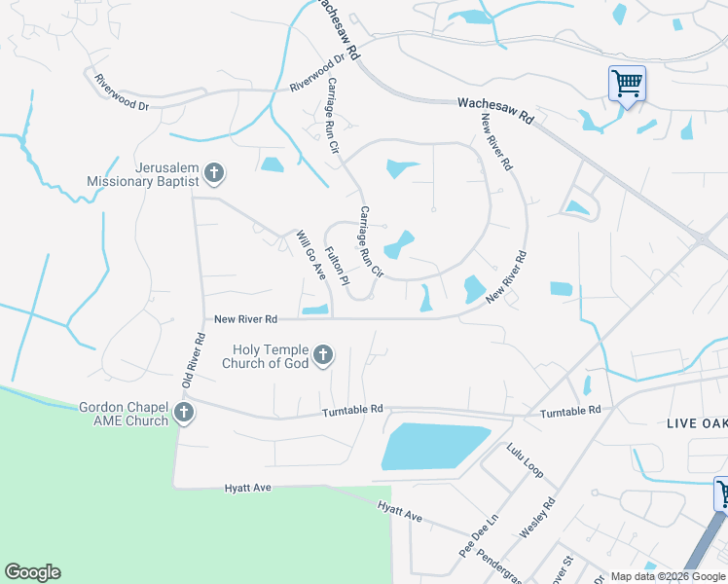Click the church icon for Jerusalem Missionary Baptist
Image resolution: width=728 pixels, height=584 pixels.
click(214, 174)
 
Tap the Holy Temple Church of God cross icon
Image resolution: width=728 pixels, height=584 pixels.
click(323, 355)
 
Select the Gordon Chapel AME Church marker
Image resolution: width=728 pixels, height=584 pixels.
click(183, 414)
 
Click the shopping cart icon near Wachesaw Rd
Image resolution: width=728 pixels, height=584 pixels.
click(627, 83)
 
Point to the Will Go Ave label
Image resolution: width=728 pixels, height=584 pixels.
click(310, 254)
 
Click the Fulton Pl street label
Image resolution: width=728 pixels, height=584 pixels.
click(337, 266)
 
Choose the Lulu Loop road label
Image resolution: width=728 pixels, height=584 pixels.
click(525, 460)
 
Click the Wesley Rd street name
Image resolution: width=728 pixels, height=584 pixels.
click(536, 518)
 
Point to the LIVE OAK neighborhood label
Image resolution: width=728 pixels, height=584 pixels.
click(696, 423)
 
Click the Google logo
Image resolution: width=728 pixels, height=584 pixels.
click(32, 572)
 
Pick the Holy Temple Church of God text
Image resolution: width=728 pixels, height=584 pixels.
click(271, 356)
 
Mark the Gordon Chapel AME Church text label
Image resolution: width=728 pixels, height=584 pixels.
click(123, 414)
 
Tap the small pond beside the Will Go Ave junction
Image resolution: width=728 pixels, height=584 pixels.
click(314, 310)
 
